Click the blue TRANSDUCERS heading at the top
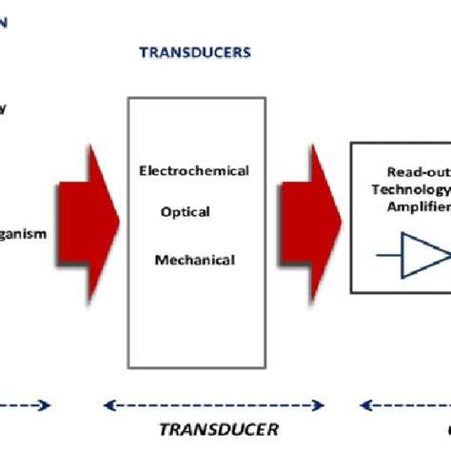pyautogui.click(x=194, y=53)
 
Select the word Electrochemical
pyautogui.click(x=194, y=171)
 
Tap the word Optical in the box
pyautogui.click(x=192, y=215)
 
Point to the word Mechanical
pyautogui.click(x=194, y=259)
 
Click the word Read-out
pyautogui.click(x=415, y=172)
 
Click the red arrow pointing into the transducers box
pyautogui.click(x=89, y=215)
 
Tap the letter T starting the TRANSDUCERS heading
pyautogui.click(x=144, y=53)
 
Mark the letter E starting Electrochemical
pyautogui.click(x=143, y=171)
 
